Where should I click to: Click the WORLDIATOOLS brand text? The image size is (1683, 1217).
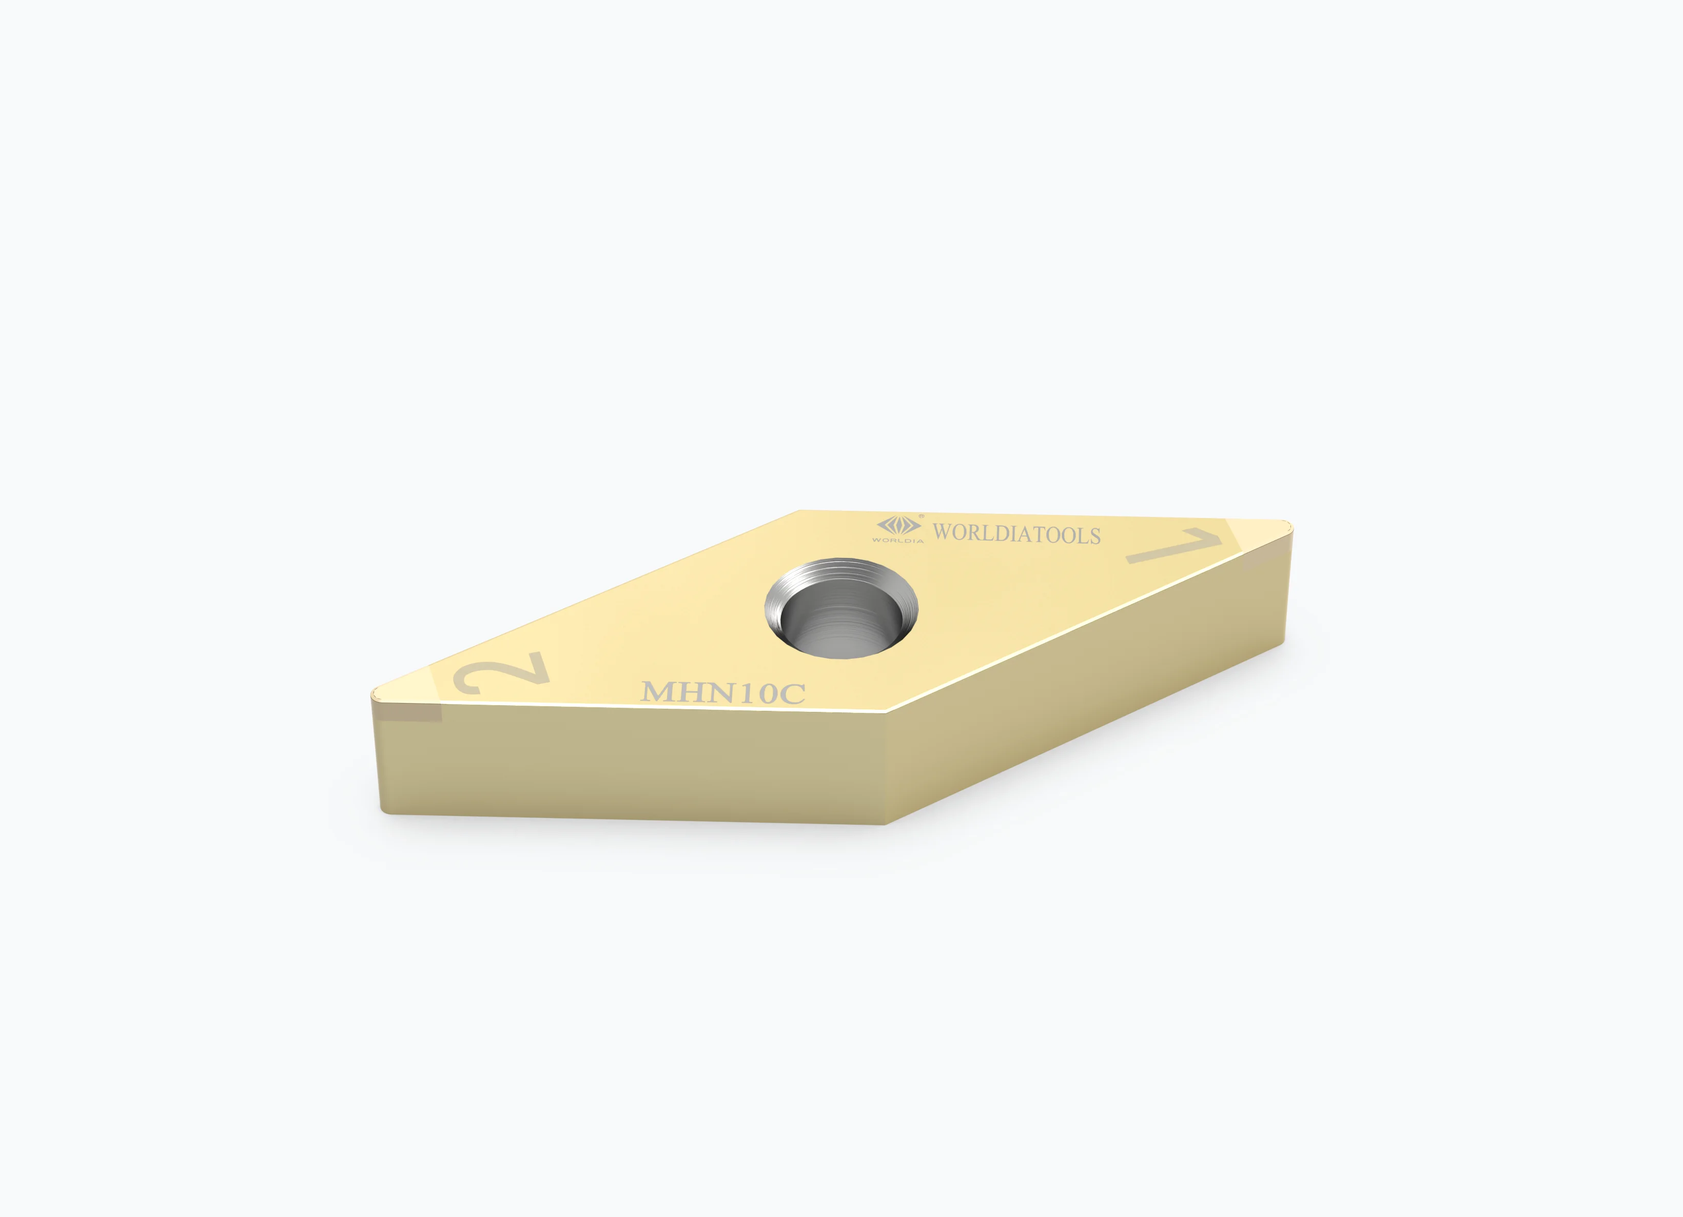click(1016, 534)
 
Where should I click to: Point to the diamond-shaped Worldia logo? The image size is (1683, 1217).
click(898, 526)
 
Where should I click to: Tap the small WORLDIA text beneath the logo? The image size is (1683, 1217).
click(898, 541)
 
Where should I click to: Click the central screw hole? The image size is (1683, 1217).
click(841, 607)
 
